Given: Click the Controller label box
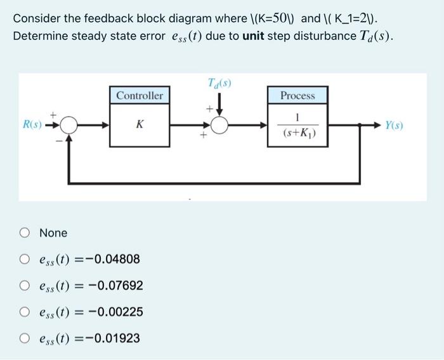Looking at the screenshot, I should [140, 95].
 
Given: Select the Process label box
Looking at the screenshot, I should [297, 95].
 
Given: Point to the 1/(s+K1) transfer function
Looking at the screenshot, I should [297, 126].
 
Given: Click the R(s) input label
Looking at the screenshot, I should [32, 125].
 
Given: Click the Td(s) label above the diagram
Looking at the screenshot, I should [219, 83].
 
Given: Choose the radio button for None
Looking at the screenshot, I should [24, 233].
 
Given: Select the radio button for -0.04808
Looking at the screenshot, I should [24, 259].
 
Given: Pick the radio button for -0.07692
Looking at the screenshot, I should [24, 286].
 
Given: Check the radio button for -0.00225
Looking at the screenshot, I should [24, 312].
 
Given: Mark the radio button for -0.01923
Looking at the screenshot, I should [24, 338].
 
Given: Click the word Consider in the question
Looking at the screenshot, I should [35, 18].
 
